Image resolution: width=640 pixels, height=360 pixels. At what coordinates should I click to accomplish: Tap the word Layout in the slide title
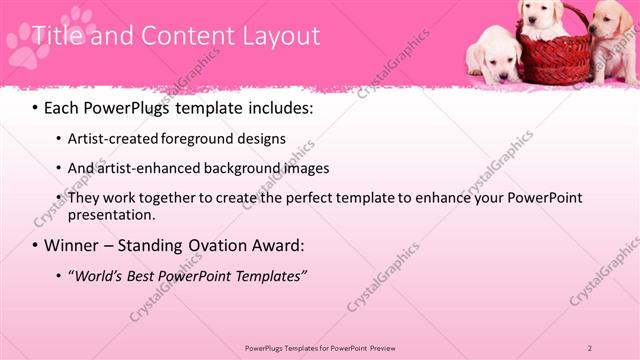coord(279,37)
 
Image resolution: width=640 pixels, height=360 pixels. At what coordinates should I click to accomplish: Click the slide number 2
coord(590,348)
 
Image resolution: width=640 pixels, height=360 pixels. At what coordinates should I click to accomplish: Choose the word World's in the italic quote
coord(102,275)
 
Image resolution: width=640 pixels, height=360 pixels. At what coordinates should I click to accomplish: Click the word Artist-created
coord(111,139)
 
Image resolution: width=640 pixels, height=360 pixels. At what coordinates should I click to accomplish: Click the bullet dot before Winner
coord(34,246)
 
